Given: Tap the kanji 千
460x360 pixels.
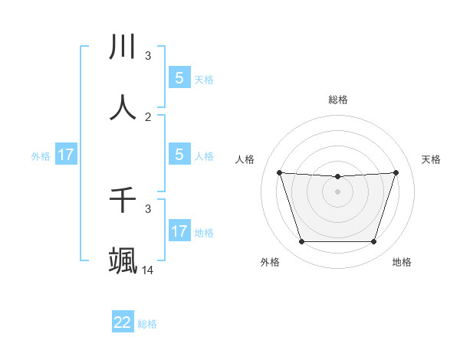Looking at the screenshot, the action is [x=123, y=200].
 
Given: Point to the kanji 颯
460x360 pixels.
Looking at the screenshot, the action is [x=123, y=260].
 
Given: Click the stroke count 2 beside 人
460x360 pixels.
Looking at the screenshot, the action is [x=148, y=117].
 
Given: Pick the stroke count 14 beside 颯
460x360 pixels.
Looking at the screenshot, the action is [x=148, y=270].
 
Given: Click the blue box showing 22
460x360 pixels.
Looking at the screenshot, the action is [x=123, y=322].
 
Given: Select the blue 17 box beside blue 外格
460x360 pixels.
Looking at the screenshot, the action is [x=65, y=155].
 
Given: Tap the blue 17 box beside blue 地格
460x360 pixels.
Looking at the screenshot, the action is [x=179, y=231].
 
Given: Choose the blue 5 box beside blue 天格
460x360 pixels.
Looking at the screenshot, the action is [x=179, y=78].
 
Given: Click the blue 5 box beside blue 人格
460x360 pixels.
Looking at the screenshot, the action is [x=179, y=155].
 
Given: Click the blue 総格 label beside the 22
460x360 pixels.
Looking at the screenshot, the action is [x=147, y=324].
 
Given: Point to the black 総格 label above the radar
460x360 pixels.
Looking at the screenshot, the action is [x=338, y=100].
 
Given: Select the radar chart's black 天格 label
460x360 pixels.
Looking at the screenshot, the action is [x=431, y=159].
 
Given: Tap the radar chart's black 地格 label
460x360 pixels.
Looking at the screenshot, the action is [x=402, y=263].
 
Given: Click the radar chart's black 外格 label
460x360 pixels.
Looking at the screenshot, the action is [x=270, y=263].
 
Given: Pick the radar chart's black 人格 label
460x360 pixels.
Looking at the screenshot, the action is [x=245, y=159].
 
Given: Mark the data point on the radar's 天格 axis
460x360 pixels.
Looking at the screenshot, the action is [x=396, y=172].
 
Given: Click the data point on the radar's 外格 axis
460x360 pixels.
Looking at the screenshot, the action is [x=301, y=242].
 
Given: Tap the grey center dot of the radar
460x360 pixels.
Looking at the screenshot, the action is [x=337, y=191].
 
